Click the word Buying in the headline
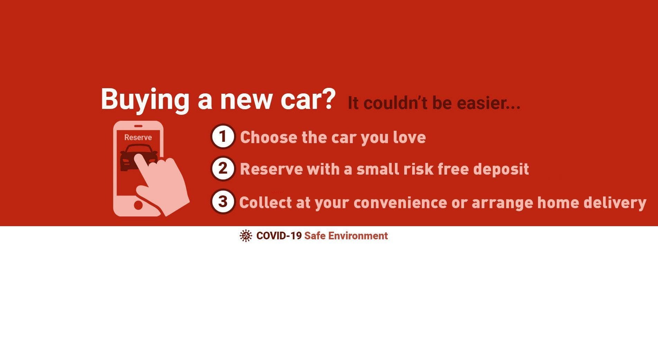(x=145, y=100)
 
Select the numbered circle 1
(x=223, y=136)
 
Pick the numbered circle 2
(x=223, y=168)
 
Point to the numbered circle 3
(x=223, y=201)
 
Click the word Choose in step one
(x=269, y=137)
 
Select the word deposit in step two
(x=501, y=169)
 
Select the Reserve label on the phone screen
(x=138, y=137)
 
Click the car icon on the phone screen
(x=138, y=158)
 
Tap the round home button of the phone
(x=138, y=205)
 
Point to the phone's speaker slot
(x=138, y=126)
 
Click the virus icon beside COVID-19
(x=246, y=236)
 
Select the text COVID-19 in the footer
(x=279, y=236)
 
